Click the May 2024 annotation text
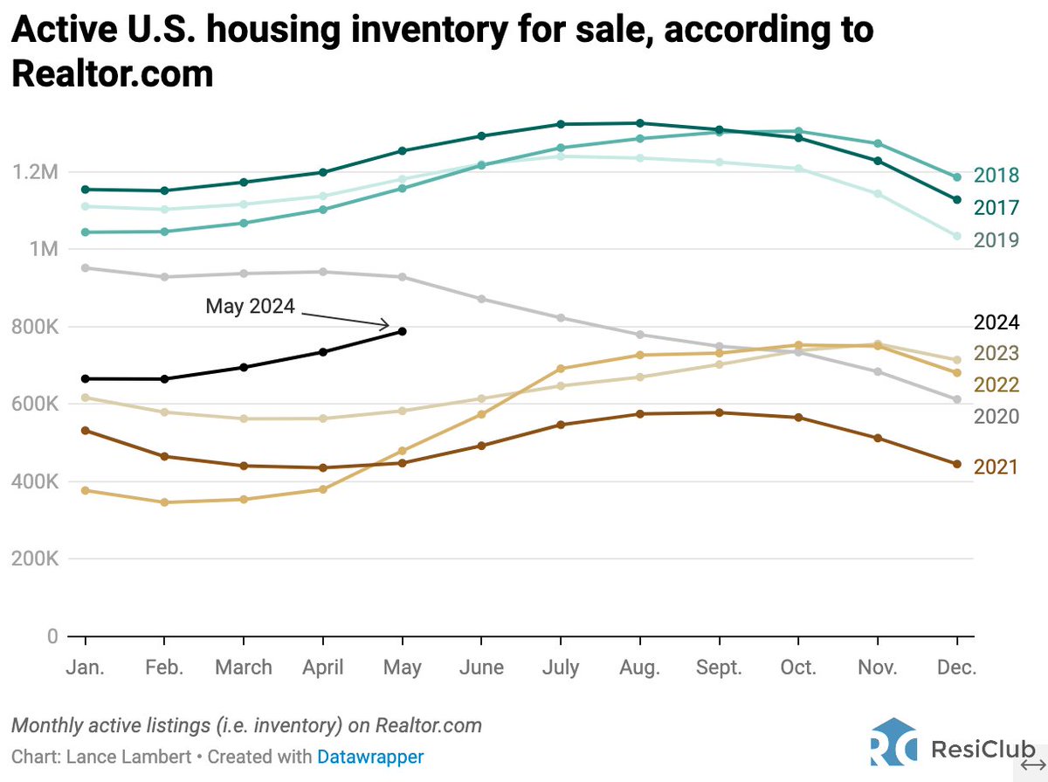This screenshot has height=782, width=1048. [x=250, y=307]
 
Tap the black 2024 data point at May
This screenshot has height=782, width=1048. [x=402, y=331]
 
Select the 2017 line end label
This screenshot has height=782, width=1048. [x=996, y=207]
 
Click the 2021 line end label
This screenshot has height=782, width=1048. [x=996, y=467]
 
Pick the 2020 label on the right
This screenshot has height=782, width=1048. [x=996, y=417]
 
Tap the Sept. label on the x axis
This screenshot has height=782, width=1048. [x=719, y=668]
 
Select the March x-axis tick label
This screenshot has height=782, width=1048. [x=244, y=668]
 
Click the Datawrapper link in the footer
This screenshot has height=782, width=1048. [x=370, y=757]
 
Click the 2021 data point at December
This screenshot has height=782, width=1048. [x=957, y=464]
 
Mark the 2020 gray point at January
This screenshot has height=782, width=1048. [x=85, y=267]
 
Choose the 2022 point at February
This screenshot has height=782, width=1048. [x=164, y=502]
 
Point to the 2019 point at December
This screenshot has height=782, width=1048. [x=957, y=236]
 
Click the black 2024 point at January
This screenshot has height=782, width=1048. [x=85, y=378]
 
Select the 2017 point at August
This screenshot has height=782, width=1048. [x=639, y=123]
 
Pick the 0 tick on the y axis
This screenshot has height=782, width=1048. [x=52, y=636]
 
